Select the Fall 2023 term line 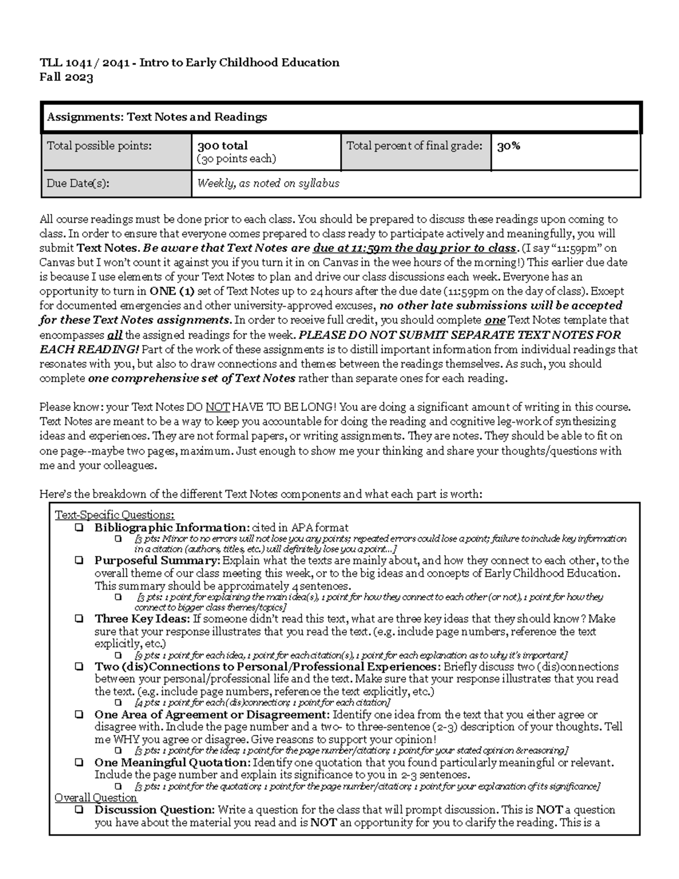click(x=66, y=78)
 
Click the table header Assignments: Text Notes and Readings click(x=157, y=117)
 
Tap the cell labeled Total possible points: click(x=99, y=146)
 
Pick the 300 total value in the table click(x=222, y=146)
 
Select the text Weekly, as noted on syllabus click(x=268, y=183)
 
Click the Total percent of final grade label click(x=414, y=146)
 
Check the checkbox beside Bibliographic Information click(x=79, y=528)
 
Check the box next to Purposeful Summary click(x=79, y=561)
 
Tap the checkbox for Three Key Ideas click(x=79, y=619)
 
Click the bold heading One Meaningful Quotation click(x=172, y=762)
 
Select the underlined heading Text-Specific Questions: click(x=114, y=515)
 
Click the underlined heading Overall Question click(x=96, y=797)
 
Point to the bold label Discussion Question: click(x=154, y=810)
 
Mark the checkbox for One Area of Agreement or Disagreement click(x=79, y=715)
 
